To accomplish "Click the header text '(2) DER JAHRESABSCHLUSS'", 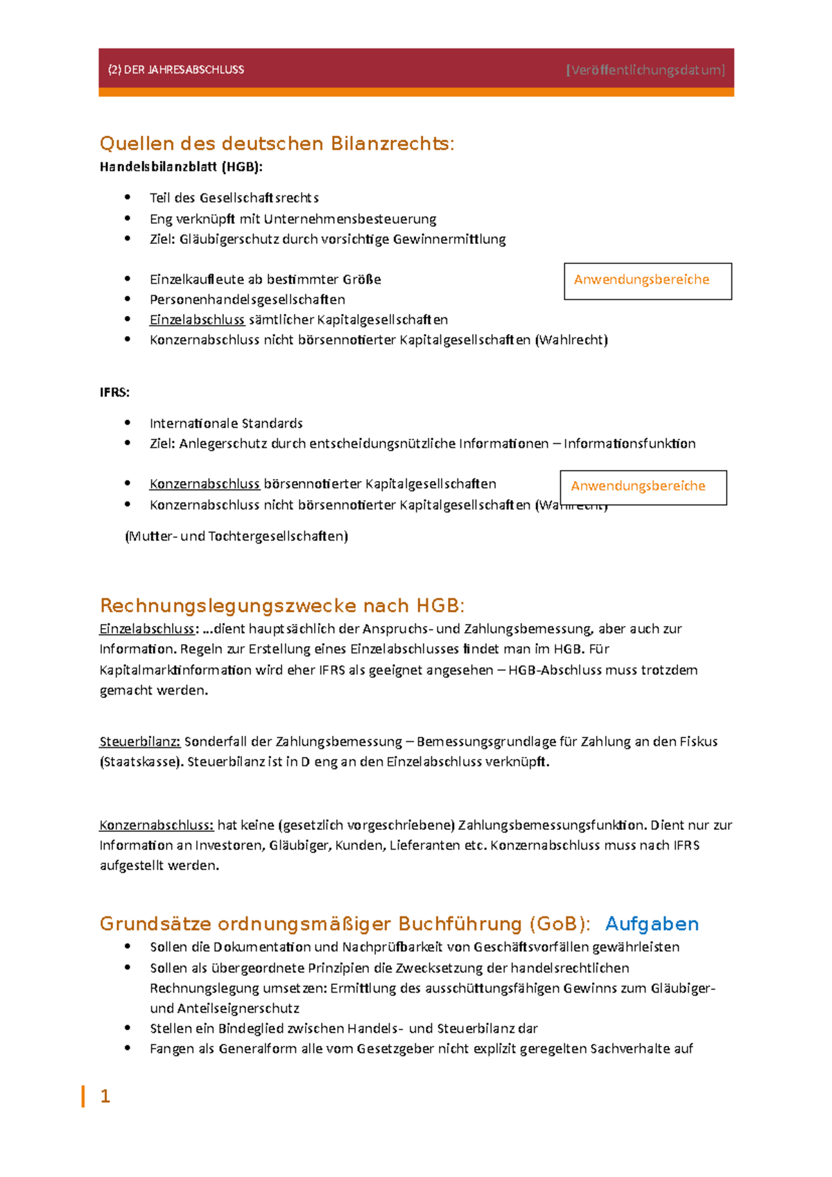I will coord(176,69).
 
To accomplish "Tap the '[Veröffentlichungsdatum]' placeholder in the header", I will coord(645,69).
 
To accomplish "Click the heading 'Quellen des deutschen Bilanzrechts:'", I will coord(277,143).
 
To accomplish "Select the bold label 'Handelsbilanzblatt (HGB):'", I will coord(181,166).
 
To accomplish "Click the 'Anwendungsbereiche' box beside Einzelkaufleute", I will coord(648,281).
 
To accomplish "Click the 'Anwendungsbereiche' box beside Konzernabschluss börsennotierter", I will coord(643,487).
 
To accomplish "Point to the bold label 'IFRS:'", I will coord(114,392).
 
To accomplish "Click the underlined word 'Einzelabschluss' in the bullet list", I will coord(197,320).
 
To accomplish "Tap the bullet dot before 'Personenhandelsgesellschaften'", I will coord(128,299).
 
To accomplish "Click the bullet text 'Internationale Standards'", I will coord(226,424).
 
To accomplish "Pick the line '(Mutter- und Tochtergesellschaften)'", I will coord(236,536).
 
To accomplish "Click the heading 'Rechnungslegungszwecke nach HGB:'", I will coord(281,606).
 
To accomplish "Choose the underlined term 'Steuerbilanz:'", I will coord(139,742).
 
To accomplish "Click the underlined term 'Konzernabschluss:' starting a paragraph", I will coord(156,825).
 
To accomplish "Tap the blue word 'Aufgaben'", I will coord(651,924).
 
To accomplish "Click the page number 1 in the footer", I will coord(105,1096).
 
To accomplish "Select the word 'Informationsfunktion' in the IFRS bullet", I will coord(629,444).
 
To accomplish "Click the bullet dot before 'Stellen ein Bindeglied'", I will coord(128,1028).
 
